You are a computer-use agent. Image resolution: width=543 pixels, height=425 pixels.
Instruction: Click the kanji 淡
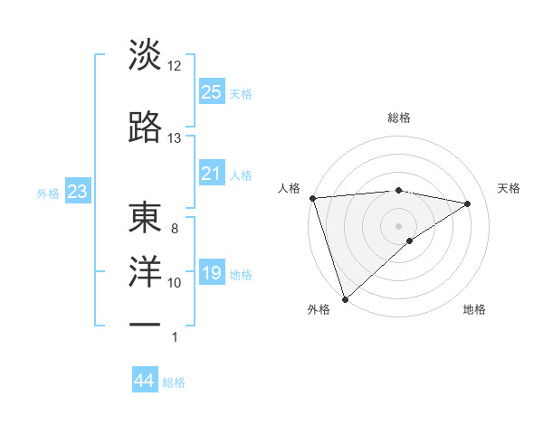pyautogui.click(x=146, y=55)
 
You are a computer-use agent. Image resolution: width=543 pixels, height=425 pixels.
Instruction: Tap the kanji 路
pyautogui.click(x=146, y=127)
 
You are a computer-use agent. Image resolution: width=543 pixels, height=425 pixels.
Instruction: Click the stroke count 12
pyautogui.click(x=175, y=66)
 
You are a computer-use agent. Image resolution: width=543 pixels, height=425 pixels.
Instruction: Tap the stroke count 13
pyautogui.click(x=175, y=138)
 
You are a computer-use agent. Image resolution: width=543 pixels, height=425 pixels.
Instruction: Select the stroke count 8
pyautogui.click(x=175, y=229)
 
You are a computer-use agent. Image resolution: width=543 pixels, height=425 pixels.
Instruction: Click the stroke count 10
pyautogui.click(x=175, y=283)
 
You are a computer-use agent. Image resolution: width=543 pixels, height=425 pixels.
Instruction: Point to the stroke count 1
pyautogui.click(x=175, y=337)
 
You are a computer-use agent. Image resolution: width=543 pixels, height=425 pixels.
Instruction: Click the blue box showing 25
pyautogui.click(x=212, y=92)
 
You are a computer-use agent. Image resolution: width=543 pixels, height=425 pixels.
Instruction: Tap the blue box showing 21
pyautogui.click(x=212, y=174)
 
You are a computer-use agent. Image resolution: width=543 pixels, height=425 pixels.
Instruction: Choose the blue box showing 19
pyautogui.click(x=212, y=273)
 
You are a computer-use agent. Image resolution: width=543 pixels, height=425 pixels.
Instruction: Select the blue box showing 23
pyautogui.click(x=77, y=192)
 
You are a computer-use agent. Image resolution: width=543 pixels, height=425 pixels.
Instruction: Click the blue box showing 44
pyautogui.click(x=145, y=382)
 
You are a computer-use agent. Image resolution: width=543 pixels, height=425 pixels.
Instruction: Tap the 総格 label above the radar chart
pyautogui.click(x=398, y=118)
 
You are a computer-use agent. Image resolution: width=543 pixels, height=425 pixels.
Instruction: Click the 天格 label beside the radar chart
pyautogui.click(x=510, y=188)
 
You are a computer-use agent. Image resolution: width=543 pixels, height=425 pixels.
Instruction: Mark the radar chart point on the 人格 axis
pyautogui.click(x=312, y=198)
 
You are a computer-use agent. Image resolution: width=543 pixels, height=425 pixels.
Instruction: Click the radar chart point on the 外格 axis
pyautogui.click(x=345, y=298)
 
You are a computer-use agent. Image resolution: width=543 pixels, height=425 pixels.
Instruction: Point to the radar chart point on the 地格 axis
pyautogui.click(x=410, y=241)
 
